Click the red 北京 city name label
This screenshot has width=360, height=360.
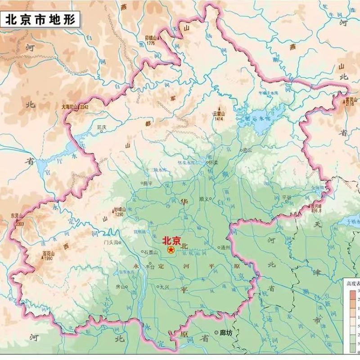[171, 240]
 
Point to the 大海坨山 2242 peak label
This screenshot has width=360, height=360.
[75, 107]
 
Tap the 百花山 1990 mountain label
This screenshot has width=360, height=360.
[47, 255]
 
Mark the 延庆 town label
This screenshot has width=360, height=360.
[102, 127]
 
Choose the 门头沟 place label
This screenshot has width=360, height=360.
[110, 242]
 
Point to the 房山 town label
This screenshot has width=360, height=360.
[120, 286]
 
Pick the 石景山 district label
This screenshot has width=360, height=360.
[150, 252]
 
